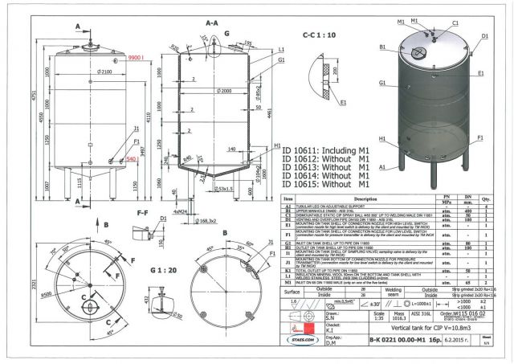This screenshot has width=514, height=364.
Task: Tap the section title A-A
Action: pyautogui.click(x=212, y=24)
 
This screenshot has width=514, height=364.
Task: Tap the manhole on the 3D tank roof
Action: pyautogui.click(x=417, y=54)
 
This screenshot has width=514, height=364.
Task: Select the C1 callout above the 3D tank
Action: pyautogui.click(x=455, y=24)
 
